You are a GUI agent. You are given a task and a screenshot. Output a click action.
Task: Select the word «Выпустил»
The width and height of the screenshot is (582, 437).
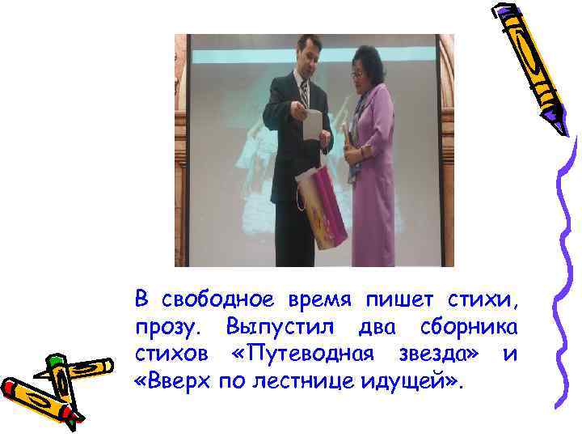(x=273, y=328)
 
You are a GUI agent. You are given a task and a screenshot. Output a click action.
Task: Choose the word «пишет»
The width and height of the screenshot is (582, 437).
(x=389, y=300)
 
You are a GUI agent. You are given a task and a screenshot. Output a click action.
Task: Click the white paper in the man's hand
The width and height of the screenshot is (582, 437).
(x=312, y=125)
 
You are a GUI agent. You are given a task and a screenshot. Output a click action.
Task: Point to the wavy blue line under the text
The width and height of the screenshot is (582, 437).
(x=323, y=421)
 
